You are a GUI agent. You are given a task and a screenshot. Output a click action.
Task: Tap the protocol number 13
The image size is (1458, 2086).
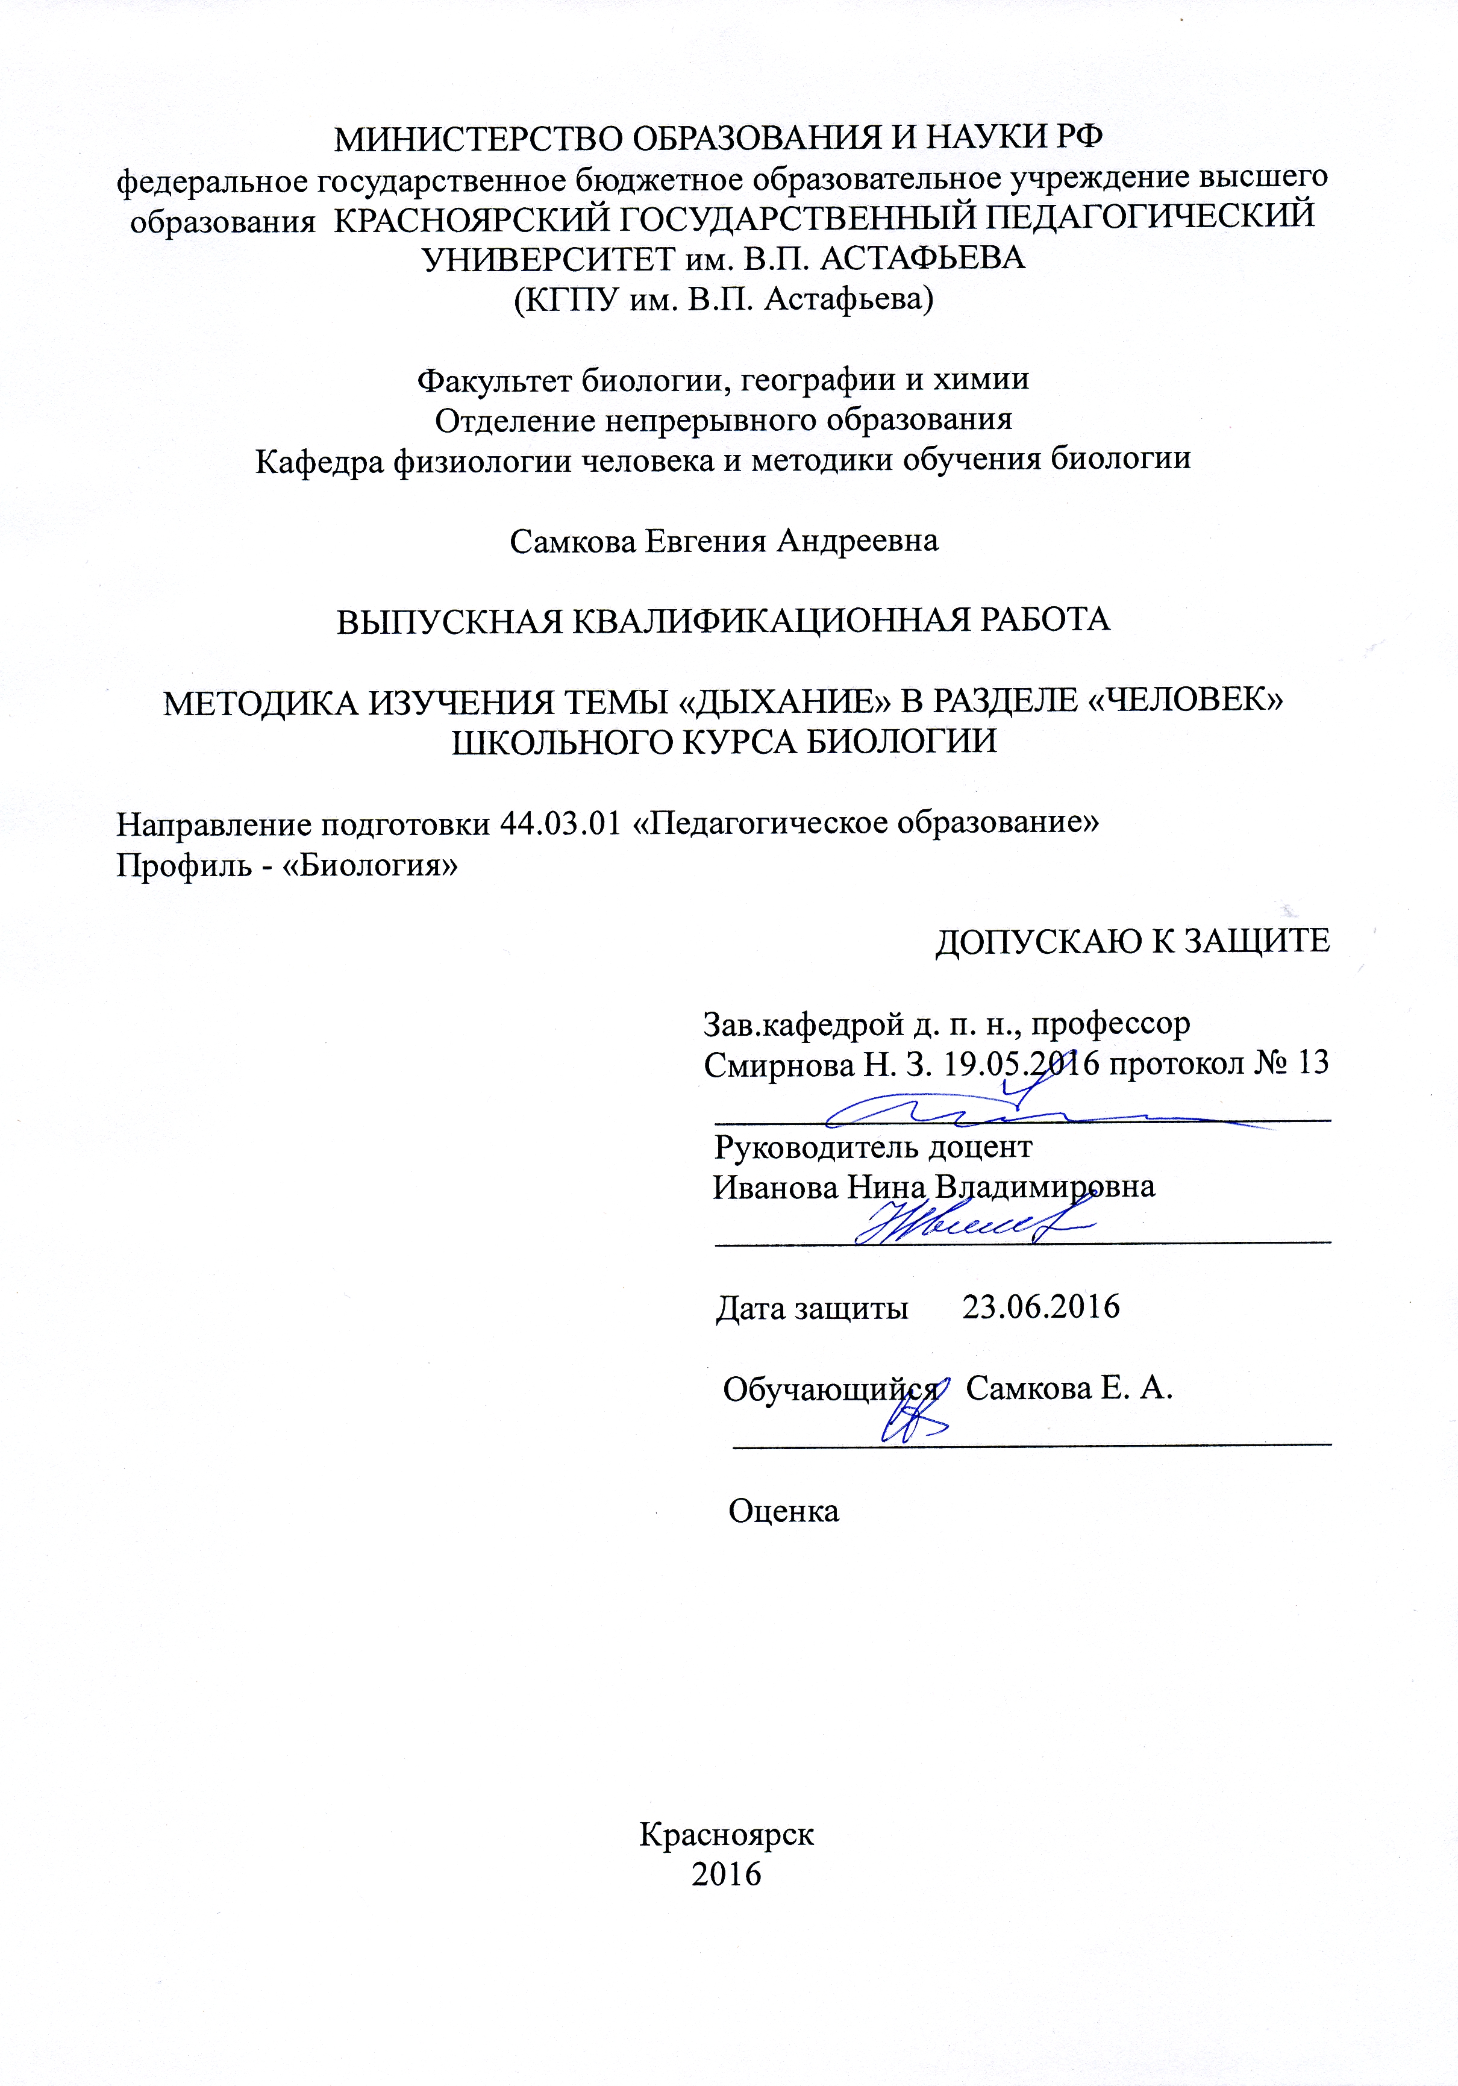1313,1062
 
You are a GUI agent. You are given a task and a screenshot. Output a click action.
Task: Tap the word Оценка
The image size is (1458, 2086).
783,1511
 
